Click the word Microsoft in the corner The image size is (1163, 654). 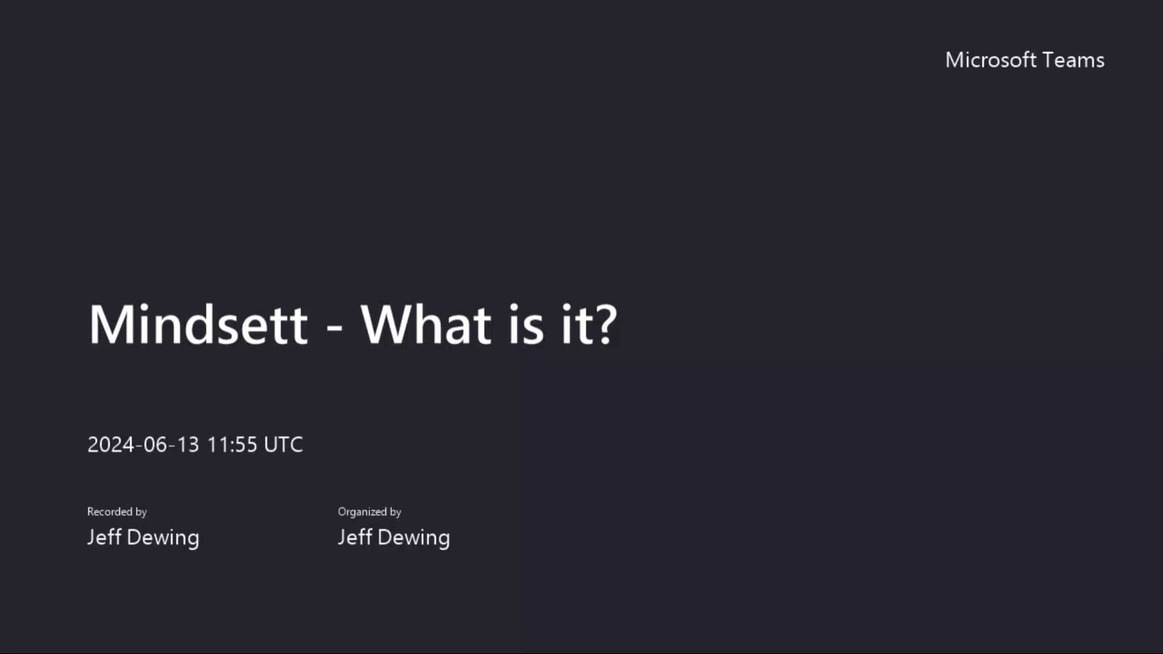991,60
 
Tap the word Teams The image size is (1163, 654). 1073,60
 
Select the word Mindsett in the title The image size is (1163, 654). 198,325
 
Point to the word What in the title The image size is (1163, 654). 426,325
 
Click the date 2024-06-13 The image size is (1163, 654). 143,444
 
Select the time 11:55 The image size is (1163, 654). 232,444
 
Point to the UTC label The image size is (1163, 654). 283,444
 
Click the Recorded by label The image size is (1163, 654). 117,512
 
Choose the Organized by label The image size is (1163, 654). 369,512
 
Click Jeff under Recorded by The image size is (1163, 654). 104,537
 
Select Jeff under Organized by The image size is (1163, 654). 354,537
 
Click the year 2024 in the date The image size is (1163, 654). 111,444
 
